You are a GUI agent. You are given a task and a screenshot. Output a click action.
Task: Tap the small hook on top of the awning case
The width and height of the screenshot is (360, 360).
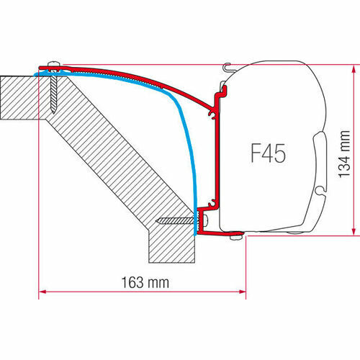pyautogui.click(x=229, y=68)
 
